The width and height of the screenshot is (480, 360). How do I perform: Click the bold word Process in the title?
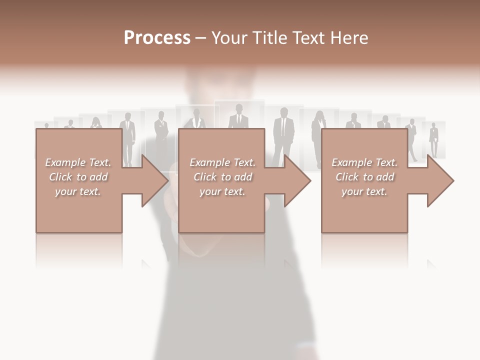157,38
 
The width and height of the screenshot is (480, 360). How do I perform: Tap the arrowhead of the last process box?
439,180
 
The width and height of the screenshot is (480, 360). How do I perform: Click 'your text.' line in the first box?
78,191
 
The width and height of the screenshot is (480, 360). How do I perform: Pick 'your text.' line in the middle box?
222,191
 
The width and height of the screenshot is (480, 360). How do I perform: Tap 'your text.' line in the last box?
364,191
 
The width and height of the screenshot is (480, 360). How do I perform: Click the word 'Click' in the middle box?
204,177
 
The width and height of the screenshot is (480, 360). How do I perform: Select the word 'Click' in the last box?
346,177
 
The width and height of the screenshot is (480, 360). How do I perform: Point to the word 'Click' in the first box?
60,177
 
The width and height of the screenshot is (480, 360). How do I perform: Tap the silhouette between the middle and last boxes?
283,135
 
